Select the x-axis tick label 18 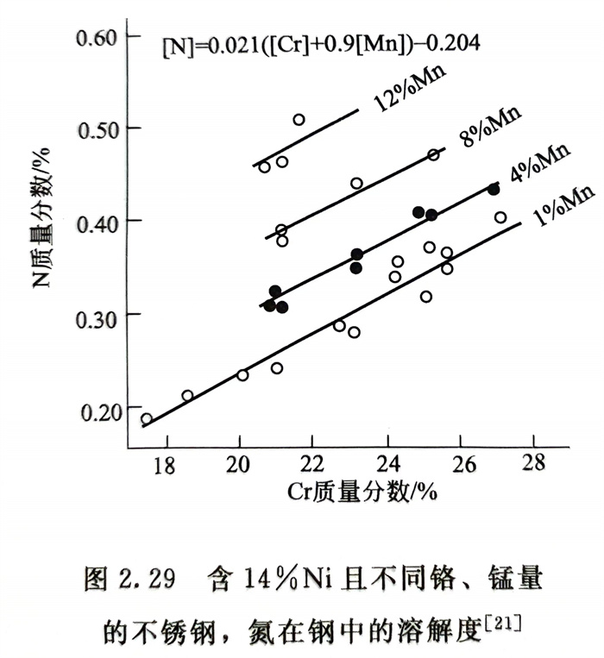click(x=164, y=463)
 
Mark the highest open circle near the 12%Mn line click(x=299, y=120)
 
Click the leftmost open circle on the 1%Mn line click(x=147, y=419)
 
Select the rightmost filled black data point click(x=494, y=189)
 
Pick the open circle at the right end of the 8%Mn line click(x=434, y=154)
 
